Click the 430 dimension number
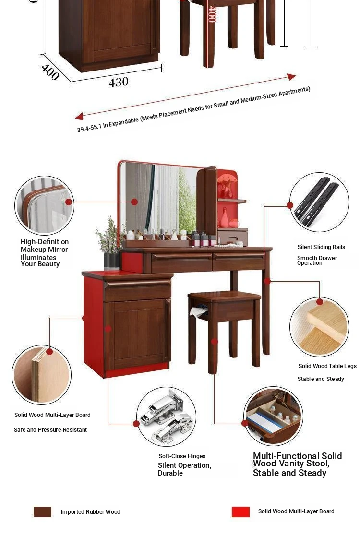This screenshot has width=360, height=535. (119, 82)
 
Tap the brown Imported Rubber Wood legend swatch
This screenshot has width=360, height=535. (42, 512)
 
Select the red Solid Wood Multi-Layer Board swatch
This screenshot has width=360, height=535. (240, 512)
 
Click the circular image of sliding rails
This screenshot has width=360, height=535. (319, 202)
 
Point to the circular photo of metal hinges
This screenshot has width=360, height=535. (166, 416)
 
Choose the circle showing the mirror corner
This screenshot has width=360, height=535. (44, 205)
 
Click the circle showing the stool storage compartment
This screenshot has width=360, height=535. (273, 416)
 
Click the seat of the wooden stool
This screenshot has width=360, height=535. (224, 297)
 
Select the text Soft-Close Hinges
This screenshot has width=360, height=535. (182, 456)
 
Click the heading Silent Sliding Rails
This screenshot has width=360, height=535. (321, 247)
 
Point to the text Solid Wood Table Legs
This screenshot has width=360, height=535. (327, 366)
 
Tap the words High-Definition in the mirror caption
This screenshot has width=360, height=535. (45, 242)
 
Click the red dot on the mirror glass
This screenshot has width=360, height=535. (134, 202)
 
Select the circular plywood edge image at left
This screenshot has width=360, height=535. (42, 375)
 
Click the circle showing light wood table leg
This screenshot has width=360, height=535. (319, 327)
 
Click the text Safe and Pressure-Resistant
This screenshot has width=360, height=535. (50, 430)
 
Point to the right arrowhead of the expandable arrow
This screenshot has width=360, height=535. (291, 77)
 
